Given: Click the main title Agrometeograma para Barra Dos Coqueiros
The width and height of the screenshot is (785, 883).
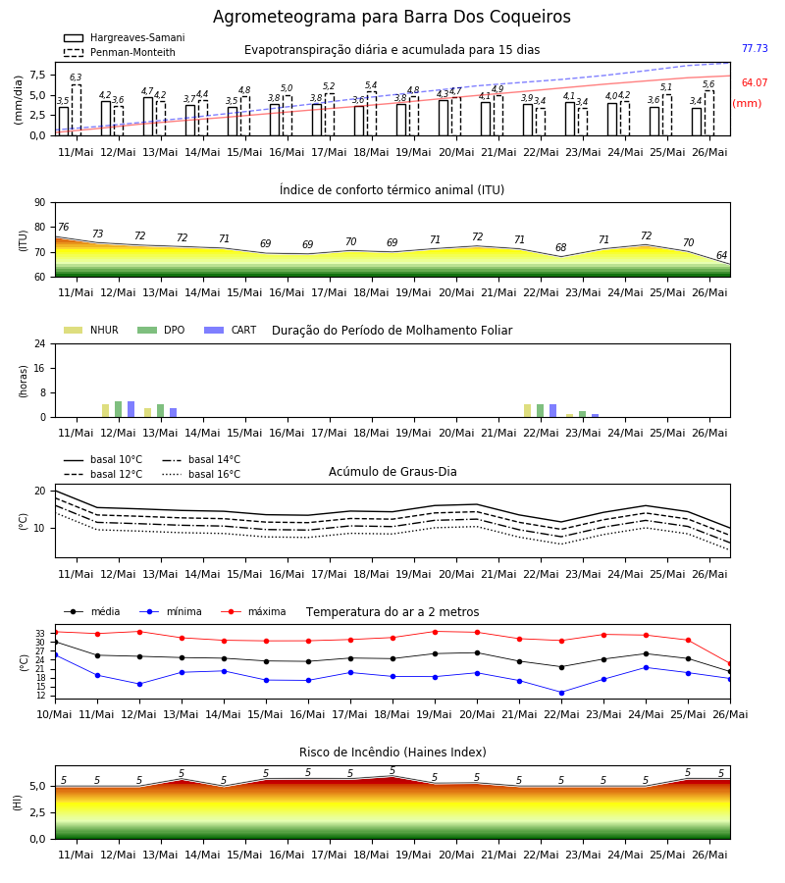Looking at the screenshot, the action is coord(392,17).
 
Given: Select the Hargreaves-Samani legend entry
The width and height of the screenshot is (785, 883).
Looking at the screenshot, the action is coord(125,37).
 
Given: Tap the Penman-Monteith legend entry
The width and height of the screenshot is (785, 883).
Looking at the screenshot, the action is coord(120,52).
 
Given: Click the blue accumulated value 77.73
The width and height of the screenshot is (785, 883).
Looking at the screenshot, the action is coord(755,48).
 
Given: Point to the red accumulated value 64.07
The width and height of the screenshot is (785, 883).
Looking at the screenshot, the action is coord(755,82).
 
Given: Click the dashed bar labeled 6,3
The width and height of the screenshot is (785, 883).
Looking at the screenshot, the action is coord(76,110).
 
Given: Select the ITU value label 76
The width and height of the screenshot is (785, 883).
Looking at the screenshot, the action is coord(63,227).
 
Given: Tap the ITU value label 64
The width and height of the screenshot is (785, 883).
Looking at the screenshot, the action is coord(721,256).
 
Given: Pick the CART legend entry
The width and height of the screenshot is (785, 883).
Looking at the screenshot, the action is coord(231,330).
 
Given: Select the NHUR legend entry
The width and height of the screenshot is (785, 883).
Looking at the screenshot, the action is coord(91,330).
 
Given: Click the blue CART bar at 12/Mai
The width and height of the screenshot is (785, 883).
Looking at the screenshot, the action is coord(131,409).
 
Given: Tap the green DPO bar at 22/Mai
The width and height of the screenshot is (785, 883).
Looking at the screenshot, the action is coord(540,410).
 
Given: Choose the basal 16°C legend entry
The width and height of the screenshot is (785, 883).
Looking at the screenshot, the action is coord(201,474).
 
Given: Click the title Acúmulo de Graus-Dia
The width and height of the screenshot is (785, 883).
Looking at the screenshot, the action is coord(392,472).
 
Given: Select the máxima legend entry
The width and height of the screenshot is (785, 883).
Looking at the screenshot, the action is coord(253,611).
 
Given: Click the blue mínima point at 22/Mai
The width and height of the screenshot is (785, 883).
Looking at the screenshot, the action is coord(561,693).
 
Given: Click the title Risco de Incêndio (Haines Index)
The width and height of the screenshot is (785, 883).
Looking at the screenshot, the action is coord(392,753).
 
